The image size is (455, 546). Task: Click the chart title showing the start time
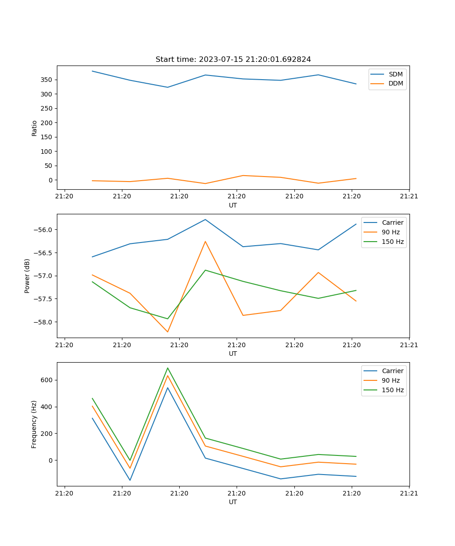point(233,60)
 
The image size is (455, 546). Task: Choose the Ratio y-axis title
point(34,128)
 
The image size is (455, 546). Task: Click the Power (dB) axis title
point(27,276)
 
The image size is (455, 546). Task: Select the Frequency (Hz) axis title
point(34,424)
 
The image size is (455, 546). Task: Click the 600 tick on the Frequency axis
point(47,380)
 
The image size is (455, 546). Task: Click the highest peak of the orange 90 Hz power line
point(205,242)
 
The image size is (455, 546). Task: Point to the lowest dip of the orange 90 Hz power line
point(167,332)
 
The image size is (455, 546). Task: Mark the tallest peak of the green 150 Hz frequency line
point(167,368)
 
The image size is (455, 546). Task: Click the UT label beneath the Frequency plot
point(233,502)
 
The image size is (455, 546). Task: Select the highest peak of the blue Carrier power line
point(205,220)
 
